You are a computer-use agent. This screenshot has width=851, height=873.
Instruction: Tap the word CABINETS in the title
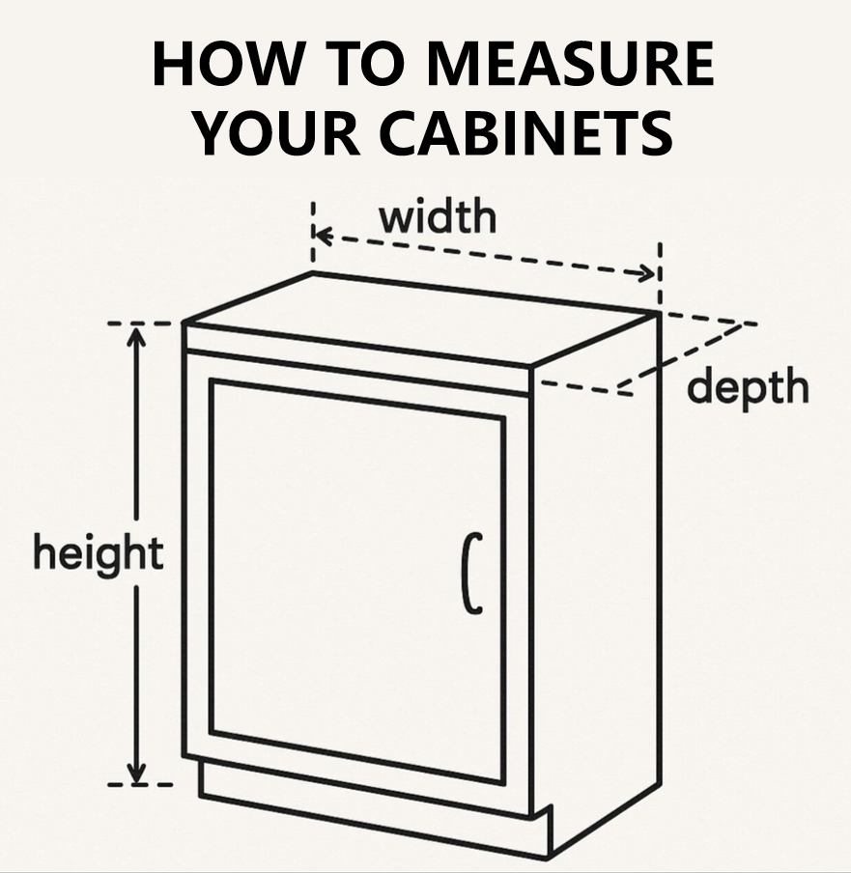click(526, 133)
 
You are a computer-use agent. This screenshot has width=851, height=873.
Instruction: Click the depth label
click(748, 387)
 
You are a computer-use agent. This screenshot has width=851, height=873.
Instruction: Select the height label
click(99, 551)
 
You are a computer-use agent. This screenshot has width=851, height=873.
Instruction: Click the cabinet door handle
click(472, 574)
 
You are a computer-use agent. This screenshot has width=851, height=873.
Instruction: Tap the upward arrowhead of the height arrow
click(136, 335)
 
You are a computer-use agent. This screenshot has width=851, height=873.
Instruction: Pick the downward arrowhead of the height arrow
click(136, 774)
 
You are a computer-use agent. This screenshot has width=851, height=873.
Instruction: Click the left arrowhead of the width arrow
click(323, 235)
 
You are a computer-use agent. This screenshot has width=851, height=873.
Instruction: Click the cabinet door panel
click(357, 581)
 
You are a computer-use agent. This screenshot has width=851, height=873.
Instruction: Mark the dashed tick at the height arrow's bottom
click(140, 784)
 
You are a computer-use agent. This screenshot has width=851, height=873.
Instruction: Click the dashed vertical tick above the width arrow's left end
click(313, 232)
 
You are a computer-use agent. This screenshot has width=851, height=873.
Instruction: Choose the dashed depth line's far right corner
click(744, 324)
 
